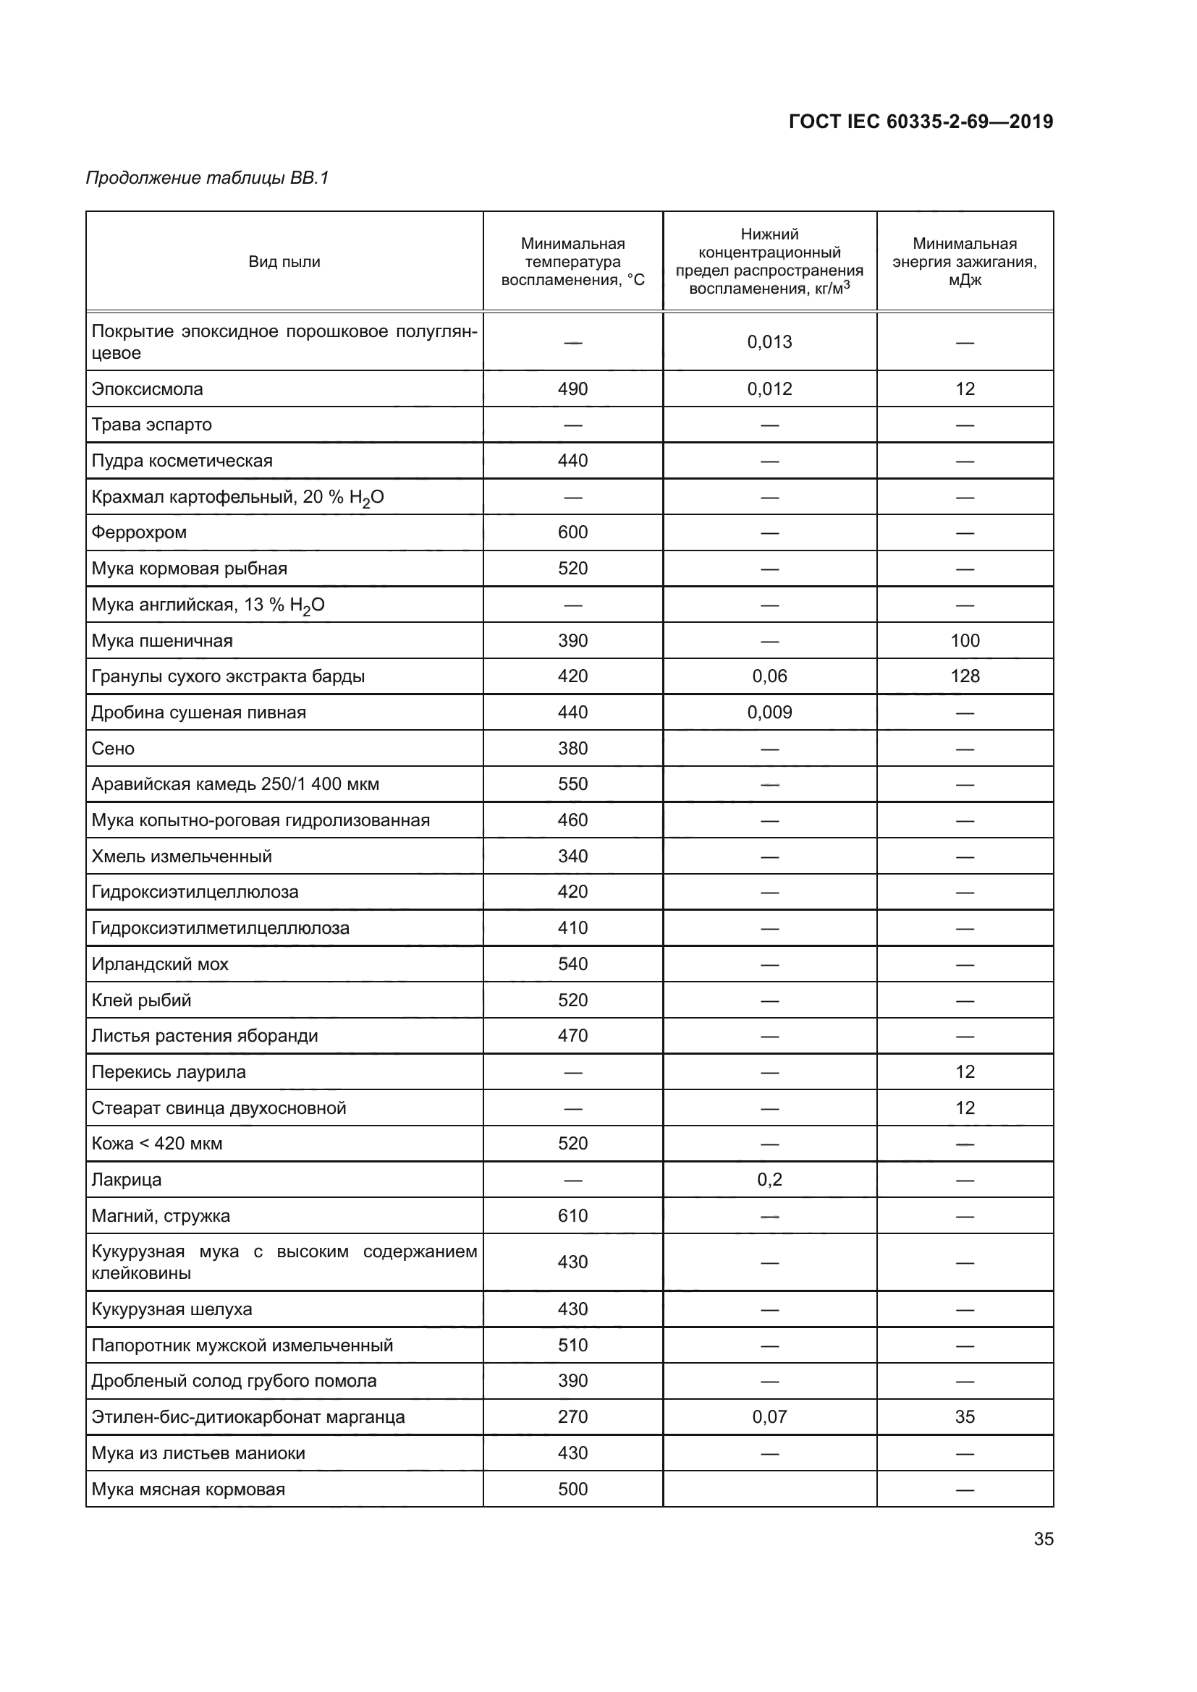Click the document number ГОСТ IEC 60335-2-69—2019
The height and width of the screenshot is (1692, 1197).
(920, 122)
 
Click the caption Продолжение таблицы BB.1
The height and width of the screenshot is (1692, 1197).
(207, 178)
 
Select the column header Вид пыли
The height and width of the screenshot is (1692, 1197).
(284, 262)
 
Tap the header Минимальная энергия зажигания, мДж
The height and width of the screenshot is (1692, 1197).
(964, 262)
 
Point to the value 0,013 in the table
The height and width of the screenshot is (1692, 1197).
(769, 342)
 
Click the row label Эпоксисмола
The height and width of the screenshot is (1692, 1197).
(148, 389)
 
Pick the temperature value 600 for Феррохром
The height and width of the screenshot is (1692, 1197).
(572, 532)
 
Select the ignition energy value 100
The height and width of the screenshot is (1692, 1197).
(964, 640)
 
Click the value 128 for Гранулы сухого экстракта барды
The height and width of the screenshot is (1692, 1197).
(964, 676)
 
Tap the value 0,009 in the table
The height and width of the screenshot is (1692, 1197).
(769, 713)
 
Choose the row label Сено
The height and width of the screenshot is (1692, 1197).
(113, 749)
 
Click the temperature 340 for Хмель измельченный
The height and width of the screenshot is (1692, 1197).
(572, 856)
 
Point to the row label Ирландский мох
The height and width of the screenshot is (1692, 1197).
(160, 964)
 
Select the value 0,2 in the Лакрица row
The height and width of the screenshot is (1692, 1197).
(769, 1180)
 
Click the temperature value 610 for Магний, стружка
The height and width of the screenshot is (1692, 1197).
(572, 1216)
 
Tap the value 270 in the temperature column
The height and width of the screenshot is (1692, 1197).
(572, 1416)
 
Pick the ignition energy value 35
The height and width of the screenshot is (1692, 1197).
(964, 1416)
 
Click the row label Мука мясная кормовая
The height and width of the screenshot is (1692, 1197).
(188, 1489)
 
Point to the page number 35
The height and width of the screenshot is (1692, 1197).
(1043, 1539)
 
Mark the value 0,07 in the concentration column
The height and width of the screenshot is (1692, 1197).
(769, 1416)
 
